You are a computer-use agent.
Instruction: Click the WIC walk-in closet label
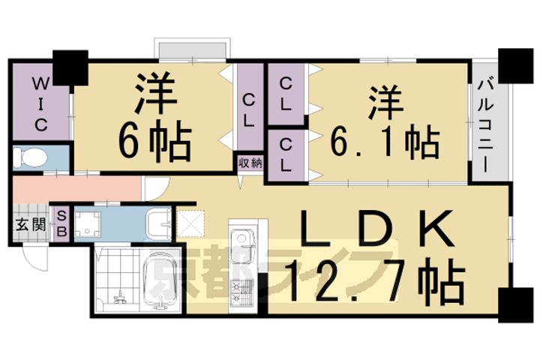[x=41, y=103]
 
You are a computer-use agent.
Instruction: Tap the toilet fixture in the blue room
[x=30, y=157]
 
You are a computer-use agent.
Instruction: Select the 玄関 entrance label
[x=31, y=225]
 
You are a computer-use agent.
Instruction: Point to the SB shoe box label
[x=61, y=224]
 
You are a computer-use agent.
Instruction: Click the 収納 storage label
[x=250, y=163]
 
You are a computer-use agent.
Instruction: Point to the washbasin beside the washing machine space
[x=159, y=224]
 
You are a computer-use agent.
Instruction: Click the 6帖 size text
[x=155, y=141]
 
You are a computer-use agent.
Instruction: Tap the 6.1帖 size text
[x=385, y=143]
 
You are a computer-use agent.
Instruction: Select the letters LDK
[x=376, y=229]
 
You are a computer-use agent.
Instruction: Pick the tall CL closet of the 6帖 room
[x=249, y=107]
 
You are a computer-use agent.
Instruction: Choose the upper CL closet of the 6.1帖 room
[x=286, y=94]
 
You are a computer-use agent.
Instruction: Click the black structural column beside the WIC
[x=70, y=67]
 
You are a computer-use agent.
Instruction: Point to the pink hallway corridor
[x=77, y=189]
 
